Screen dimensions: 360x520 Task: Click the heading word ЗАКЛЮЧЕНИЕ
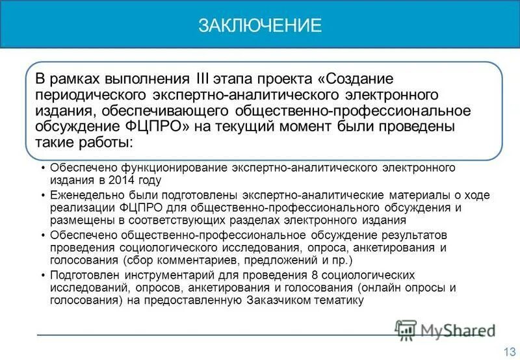click(x=260, y=25)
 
